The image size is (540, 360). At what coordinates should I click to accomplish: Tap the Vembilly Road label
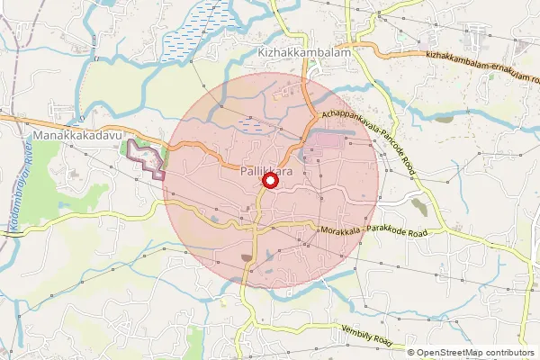pos(366,336)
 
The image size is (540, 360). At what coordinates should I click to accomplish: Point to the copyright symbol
pos(412,352)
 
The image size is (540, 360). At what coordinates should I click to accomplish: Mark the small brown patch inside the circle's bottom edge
pos(247,259)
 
